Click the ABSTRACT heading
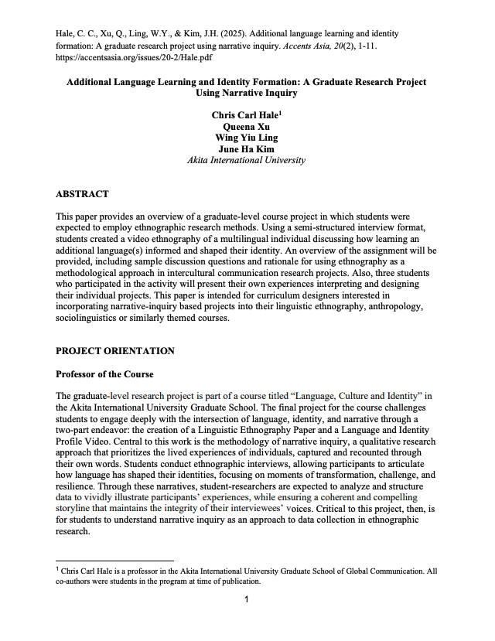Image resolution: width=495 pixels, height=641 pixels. [x=82, y=194]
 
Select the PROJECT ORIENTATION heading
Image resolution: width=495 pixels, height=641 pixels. [x=114, y=351]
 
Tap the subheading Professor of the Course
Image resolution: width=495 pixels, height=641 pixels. [x=104, y=374]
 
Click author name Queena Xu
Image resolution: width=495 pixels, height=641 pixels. [x=247, y=126]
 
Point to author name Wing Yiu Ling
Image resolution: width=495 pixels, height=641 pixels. [x=247, y=138]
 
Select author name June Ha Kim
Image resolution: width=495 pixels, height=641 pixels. [x=247, y=149]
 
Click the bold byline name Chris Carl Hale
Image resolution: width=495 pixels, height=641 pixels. [x=244, y=115]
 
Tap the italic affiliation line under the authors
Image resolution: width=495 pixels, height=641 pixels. [x=247, y=161]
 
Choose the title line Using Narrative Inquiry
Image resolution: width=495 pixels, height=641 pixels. [x=247, y=93]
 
